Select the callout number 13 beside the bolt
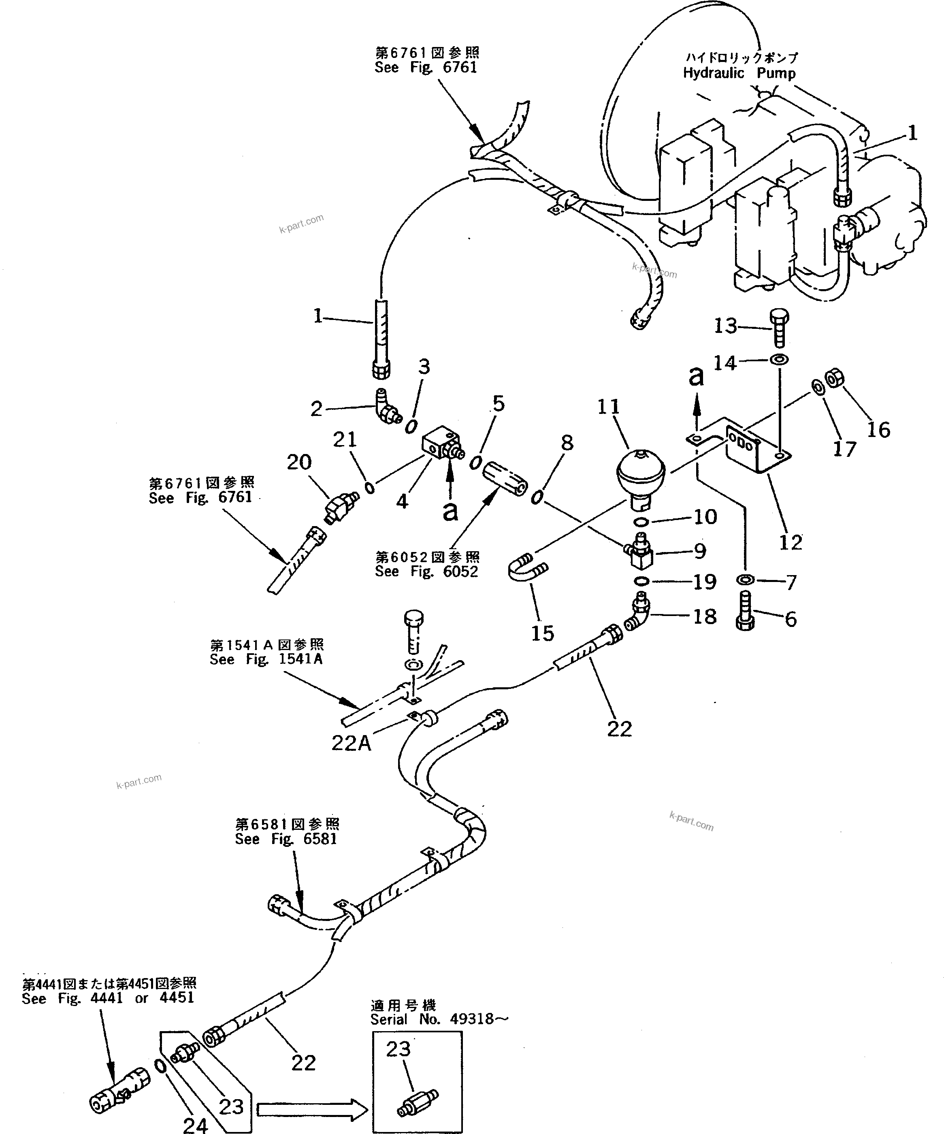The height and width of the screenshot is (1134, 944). [x=725, y=326]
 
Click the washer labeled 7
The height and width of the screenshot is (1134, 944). [x=746, y=580]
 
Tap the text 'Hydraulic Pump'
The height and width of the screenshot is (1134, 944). [x=739, y=73]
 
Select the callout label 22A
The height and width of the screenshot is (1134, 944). [x=351, y=744]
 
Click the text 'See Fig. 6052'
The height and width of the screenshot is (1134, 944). [x=426, y=571]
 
